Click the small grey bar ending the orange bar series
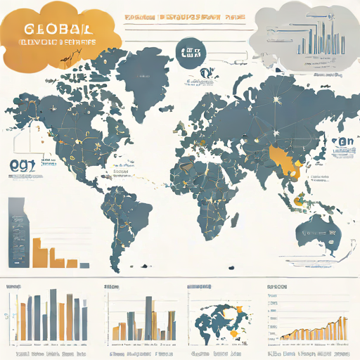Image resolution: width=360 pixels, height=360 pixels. pyautogui.click(x=85, y=264)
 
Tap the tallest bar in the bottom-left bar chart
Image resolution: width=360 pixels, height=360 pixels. pyautogui.click(x=53, y=313)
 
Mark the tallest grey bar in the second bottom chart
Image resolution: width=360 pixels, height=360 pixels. pyautogui.click(x=148, y=316)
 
